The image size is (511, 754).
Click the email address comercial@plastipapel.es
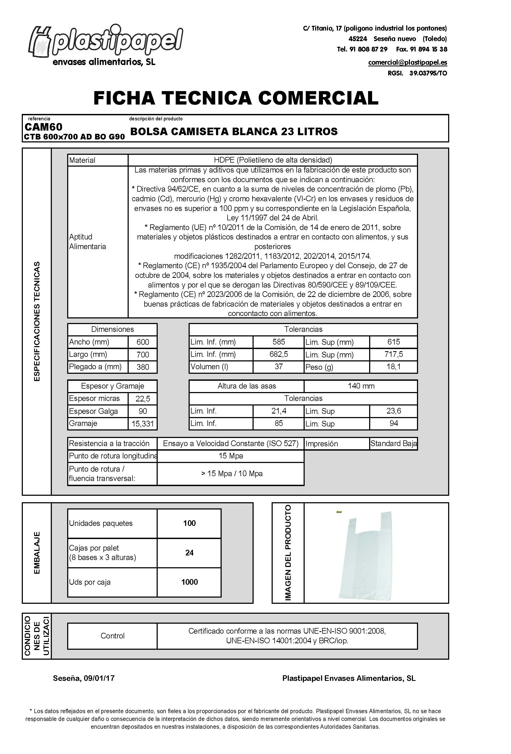point(407,62)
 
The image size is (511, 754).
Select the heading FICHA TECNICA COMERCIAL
point(236,98)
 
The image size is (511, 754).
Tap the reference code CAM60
point(44,127)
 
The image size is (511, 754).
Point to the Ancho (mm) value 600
point(143,342)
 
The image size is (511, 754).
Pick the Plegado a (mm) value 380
point(143,367)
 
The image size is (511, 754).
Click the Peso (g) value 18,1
point(393,367)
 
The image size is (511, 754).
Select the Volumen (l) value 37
point(278,367)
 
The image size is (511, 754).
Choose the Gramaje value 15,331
point(143,424)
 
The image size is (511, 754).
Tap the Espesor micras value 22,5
point(143,399)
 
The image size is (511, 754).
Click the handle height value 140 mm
point(361,386)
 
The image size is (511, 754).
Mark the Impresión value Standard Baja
point(394,444)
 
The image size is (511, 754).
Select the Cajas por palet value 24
point(189,552)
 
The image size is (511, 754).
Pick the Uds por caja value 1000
point(189,582)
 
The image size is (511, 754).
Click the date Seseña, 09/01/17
point(84,678)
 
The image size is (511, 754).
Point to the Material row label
point(82,160)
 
